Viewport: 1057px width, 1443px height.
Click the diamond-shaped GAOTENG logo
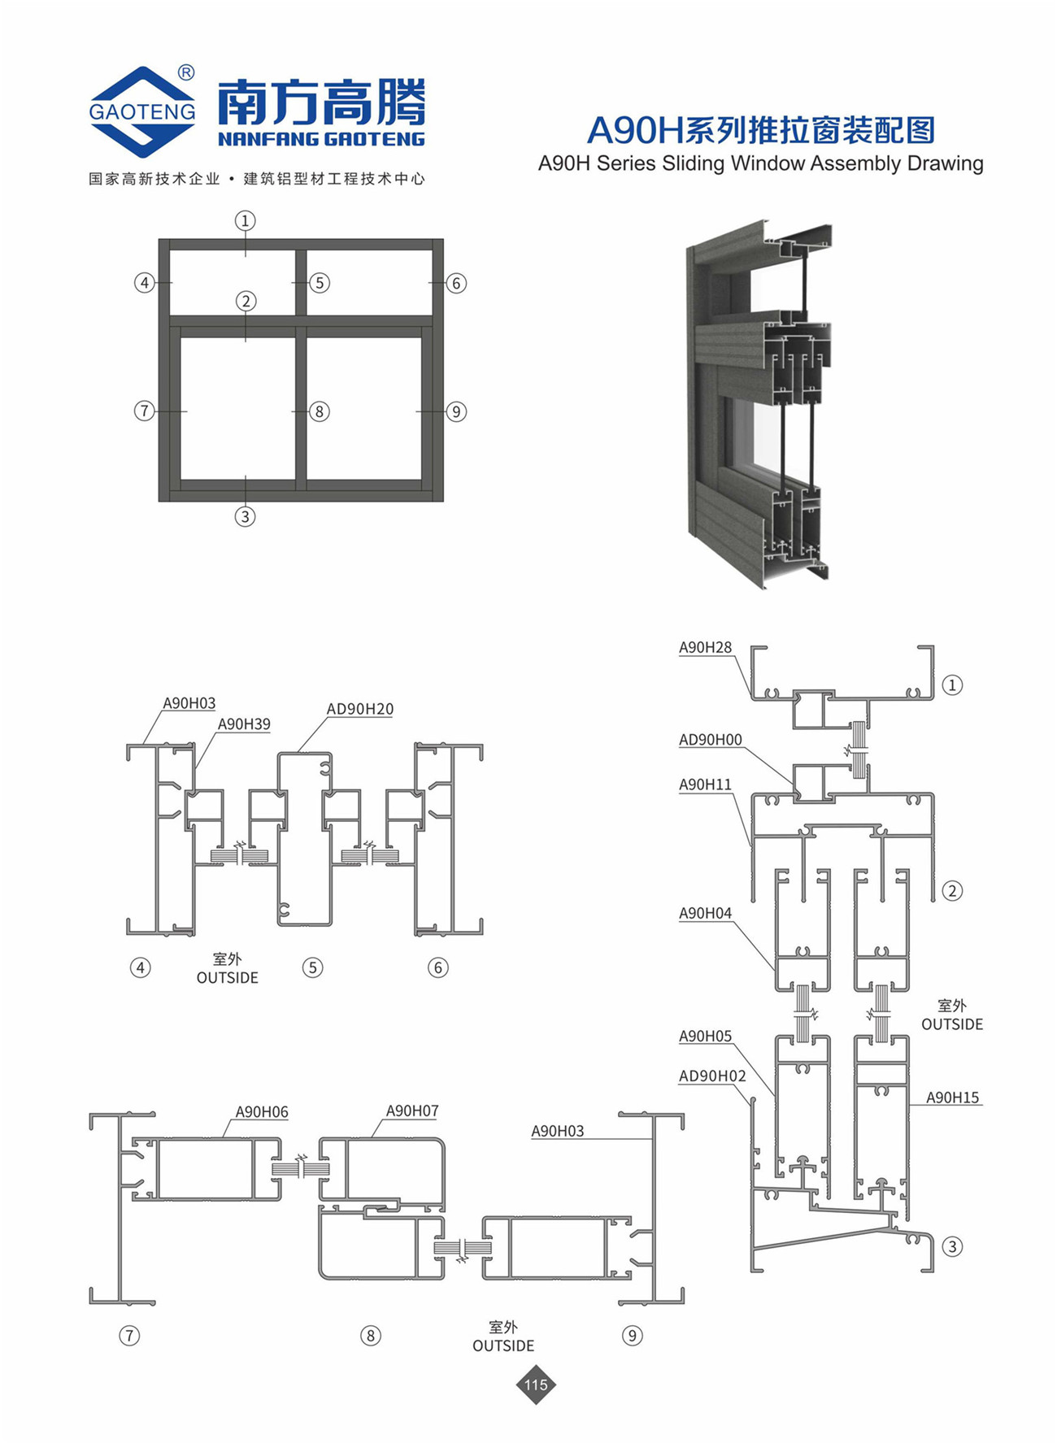142,111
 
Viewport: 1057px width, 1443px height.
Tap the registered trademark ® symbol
186,73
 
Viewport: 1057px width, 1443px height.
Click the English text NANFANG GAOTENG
321,139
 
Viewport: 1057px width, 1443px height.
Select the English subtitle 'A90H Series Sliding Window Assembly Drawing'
760,163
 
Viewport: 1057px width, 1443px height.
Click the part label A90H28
705,648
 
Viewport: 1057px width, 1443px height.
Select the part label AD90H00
711,740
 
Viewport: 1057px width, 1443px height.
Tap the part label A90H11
705,785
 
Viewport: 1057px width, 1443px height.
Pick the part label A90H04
705,913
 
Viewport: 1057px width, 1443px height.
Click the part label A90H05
705,1036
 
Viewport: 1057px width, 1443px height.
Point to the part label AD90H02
712,1076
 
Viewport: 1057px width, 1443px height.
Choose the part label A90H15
953,1097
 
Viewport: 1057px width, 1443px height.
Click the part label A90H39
244,724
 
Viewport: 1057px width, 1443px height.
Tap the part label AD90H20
360,709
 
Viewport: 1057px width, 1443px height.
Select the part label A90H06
262,1111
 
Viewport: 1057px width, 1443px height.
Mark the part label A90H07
412,1111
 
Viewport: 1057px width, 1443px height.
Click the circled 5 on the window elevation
320,283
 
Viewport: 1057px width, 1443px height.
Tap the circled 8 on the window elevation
320,411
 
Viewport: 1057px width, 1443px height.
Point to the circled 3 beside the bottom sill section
952,1246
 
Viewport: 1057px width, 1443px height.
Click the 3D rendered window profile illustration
759,402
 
